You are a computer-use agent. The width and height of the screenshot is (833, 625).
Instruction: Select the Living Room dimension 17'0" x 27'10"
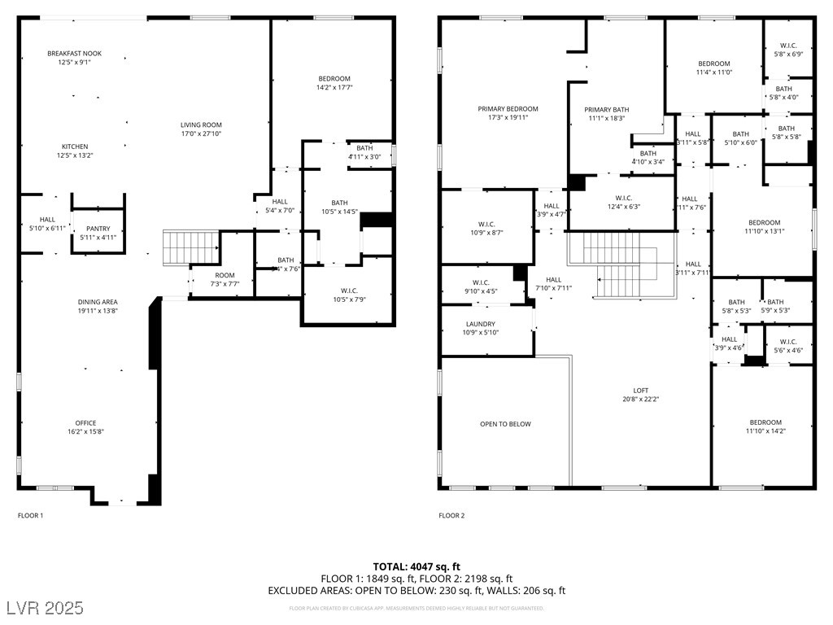(201, 134)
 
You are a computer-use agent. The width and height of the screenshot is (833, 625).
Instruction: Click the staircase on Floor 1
(191, 245)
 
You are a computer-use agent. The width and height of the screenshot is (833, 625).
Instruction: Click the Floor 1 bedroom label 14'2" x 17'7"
(334, 87)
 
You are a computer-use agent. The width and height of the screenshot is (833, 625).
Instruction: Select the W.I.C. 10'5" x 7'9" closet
(349, 295)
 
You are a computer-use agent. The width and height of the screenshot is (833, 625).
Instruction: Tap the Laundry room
(479, 328)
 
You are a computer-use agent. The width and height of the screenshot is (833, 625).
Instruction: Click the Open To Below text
(505, 424)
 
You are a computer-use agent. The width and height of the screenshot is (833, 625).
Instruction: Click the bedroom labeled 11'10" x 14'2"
(765, 427)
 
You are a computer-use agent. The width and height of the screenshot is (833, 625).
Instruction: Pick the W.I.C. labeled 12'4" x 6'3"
(624, 202)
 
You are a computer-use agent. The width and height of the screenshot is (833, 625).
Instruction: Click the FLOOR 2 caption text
(451, 515)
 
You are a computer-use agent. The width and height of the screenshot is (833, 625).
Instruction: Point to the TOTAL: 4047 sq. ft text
(416, 566)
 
